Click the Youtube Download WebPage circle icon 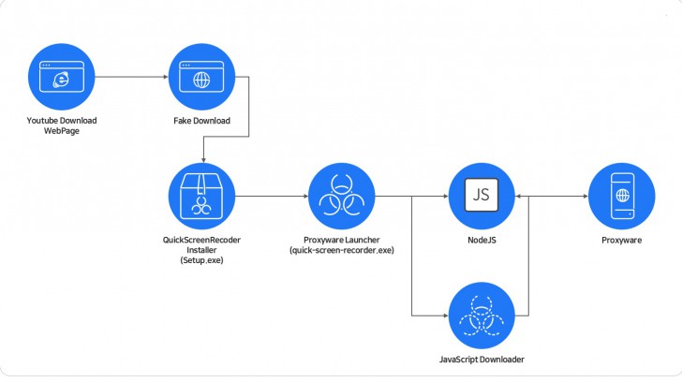coord(63,81)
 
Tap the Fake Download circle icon coord(200,81)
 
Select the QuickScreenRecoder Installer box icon coord(200,196)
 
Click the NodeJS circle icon coord(482,196)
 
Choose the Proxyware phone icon coord(621,196)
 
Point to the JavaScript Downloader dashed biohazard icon coord(482,314)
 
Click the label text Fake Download coord(200,121)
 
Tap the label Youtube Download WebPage coord(63,125)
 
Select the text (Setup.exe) coord(201,259)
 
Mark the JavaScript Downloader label coord(482,359)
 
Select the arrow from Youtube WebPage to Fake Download coord(131,81)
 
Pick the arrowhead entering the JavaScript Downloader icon coord(444,314)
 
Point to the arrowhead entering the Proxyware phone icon coord(585,196)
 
